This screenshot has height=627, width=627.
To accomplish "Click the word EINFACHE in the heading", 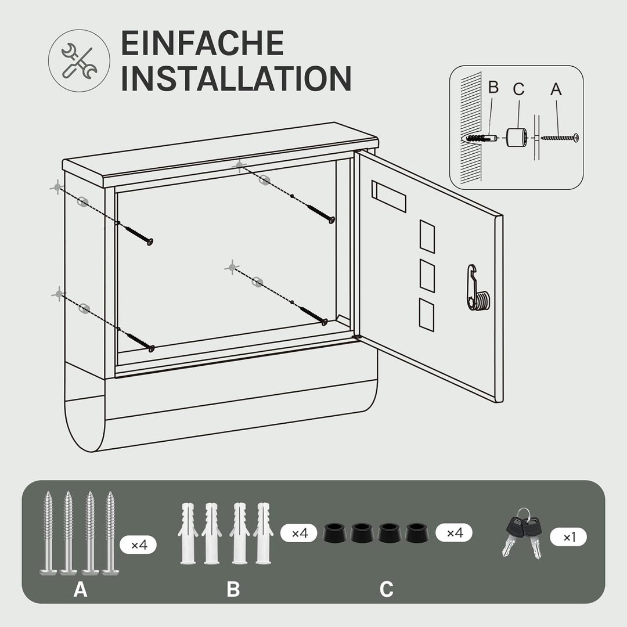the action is click(203, 43).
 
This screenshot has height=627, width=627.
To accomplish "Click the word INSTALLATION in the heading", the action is click(236, 78).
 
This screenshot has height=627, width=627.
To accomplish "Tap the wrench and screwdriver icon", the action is click(79, 61).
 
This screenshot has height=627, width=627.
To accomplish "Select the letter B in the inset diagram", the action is click(493, 87).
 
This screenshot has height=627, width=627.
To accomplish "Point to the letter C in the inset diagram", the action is click(518, 89).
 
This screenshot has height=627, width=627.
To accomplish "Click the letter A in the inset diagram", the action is click(556, 89).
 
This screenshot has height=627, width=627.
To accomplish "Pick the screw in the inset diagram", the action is click(560, 138).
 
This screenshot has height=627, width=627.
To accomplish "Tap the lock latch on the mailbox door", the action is click(477, 288).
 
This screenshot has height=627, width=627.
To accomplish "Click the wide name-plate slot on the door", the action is click(388, 196).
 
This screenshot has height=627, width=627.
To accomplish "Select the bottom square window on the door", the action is click(427, 315).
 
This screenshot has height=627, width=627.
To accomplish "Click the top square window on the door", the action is click(427, 236).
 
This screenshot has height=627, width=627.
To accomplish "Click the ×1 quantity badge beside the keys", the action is click(568, 537).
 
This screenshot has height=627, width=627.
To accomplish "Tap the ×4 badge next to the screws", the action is click(138, 544).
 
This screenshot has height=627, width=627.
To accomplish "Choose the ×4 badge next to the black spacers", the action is click(454, 532).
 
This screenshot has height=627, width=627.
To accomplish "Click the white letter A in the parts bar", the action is click(80, 589).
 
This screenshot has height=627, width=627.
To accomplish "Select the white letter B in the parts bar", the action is click(233, 589).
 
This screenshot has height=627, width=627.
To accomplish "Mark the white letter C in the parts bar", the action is click(387, 589).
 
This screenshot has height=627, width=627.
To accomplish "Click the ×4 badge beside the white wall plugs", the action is click(299, 533).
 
